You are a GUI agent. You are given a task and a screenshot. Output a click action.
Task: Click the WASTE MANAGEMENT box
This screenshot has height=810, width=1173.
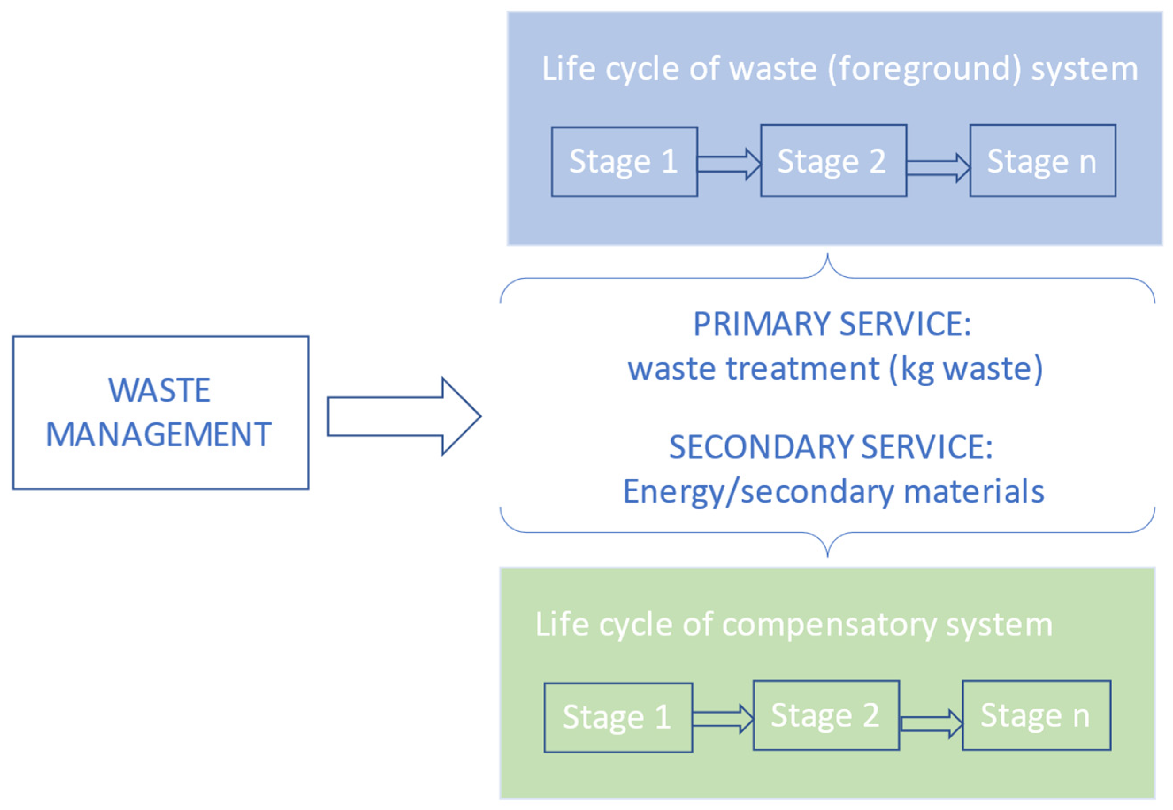pos(160,412)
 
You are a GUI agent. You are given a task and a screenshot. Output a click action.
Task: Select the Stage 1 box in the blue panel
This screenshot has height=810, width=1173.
pos(624,161)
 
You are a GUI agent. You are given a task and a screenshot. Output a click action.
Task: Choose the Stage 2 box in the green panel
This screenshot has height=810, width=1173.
pos(826,715)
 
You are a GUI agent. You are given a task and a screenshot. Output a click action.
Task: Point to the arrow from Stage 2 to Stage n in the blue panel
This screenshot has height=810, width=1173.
pos(938,167)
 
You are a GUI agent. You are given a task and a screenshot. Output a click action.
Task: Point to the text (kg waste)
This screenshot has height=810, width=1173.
pos(966,369)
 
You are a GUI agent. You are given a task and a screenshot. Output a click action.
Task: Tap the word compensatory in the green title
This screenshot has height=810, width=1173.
pos(828,624)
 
